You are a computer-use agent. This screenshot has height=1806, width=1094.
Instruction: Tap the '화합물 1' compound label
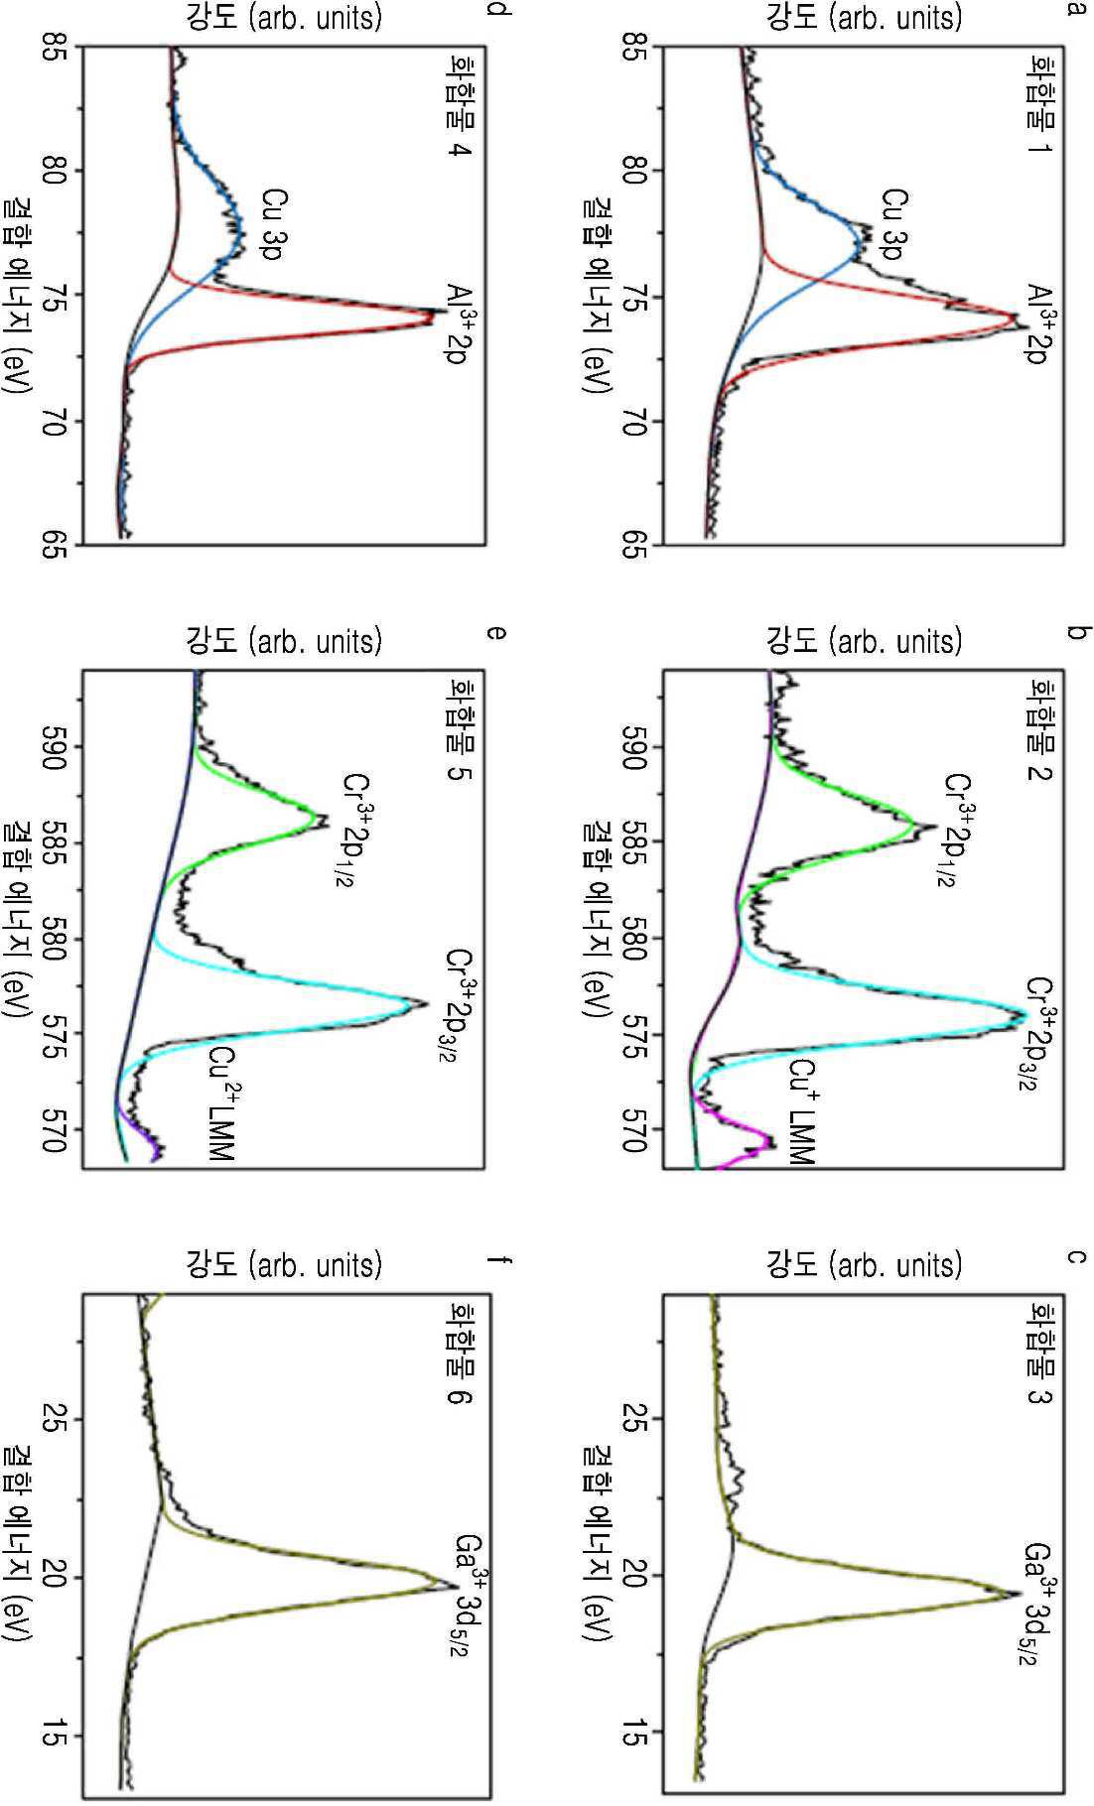click(1040, 110)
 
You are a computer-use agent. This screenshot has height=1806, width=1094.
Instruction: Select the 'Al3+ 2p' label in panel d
click(455, 323)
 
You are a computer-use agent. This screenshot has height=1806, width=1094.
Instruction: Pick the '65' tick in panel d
click(56, 545)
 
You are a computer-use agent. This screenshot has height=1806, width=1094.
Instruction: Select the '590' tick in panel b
click(636, 746)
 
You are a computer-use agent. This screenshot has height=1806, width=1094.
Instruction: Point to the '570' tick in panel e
click(56, 1128)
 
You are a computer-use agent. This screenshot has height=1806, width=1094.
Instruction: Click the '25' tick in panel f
click(56, 1418)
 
